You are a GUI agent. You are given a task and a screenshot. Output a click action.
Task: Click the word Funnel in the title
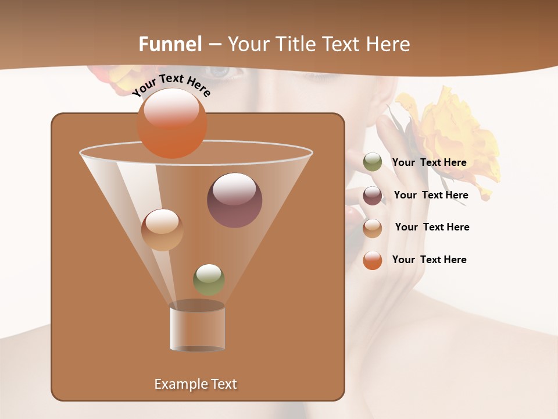coord(170,44)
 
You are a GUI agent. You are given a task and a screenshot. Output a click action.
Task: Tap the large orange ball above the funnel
coord(172,123)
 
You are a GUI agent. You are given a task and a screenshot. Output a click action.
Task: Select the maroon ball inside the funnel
coord(234,200)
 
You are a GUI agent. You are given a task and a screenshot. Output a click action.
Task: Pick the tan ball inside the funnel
coord(162,230)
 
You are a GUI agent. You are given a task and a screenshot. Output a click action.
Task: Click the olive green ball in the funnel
coord(209,279)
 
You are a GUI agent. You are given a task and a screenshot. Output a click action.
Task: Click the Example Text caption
coord(195,384)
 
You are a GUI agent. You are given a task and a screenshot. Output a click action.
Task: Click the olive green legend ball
coord(373,162)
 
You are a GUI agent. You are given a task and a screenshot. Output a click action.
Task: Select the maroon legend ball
coord(373,196)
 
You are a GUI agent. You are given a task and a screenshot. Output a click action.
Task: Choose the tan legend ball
coord(373,228)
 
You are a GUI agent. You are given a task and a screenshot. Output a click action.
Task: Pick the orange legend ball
coord(373,260)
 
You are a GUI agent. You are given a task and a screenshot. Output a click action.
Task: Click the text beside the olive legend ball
coord(429,163)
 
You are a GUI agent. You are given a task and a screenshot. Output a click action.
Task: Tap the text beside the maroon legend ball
coord(431,196)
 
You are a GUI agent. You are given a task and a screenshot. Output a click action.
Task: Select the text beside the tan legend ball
coord(432,228)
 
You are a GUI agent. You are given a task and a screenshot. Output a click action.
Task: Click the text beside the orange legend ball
coord(429,260)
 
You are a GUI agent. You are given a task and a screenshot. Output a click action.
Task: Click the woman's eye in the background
coord(219,72)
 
